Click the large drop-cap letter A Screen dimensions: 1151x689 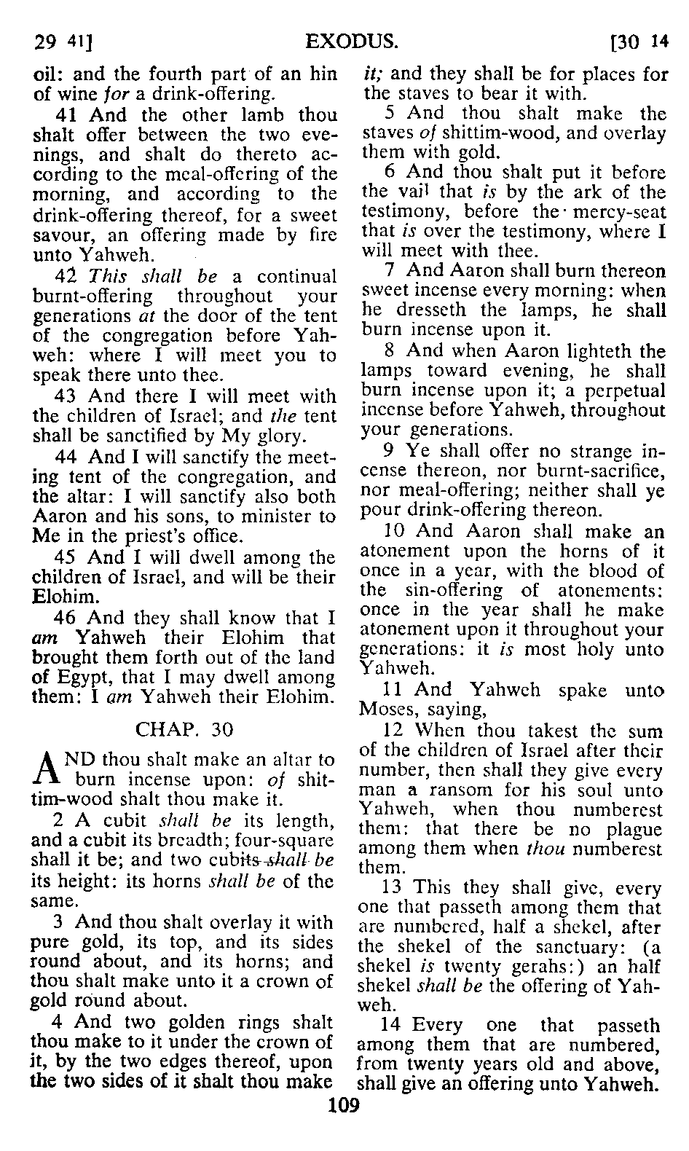(45, 769)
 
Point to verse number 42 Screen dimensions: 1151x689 (68, 278)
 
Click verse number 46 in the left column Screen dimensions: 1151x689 (68, 618)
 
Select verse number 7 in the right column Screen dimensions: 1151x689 (390, 271)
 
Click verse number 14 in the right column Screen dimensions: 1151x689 (393, 1026)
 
